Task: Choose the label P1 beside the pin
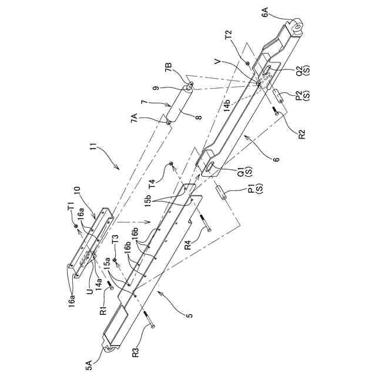(x=251, y=189)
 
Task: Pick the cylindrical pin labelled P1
(x=221, y=192)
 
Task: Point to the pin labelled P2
(x=277, y=96)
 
